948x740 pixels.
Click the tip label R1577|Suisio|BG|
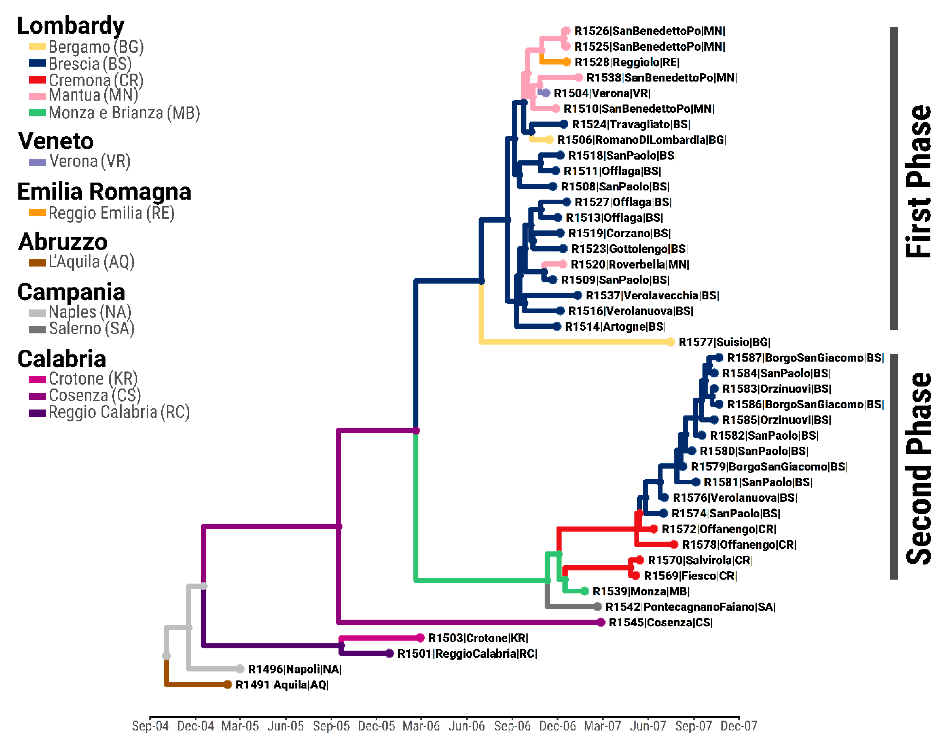click(724, 342)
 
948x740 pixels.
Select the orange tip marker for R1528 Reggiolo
click(566, 62)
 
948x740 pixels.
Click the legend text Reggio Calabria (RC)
click(119, 412)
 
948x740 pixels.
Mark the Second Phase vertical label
click(918, 468)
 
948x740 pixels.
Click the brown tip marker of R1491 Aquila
click(228, 685)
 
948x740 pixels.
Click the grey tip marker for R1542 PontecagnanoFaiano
click(598, 607)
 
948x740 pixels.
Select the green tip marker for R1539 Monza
click(585, 591)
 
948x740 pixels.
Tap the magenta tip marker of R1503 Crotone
click(420, 638)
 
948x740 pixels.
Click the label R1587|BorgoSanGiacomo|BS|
click(805, 358)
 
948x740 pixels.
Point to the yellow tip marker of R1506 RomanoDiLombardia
click(549, 140)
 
